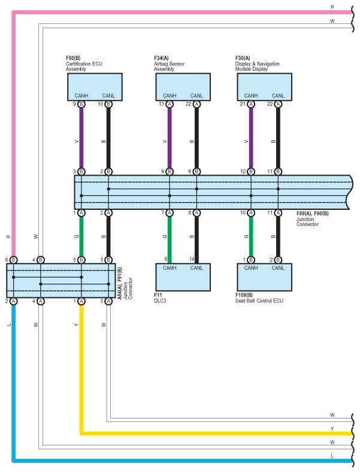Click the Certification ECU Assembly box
point(95,86)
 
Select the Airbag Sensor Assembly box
point(183,86)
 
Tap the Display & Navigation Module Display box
point(264,86)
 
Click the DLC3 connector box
point(183,277)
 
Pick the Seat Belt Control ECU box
point(264,277)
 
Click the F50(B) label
point(73,58)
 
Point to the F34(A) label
point(161,58)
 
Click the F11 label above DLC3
point(158,296)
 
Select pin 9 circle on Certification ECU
point(81,104)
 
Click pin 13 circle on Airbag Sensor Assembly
point(170,104)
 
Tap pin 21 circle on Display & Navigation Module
point(251,104)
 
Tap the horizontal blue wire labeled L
point(180,460)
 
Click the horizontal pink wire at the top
point(180,12)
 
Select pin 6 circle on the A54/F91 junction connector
point(13,260)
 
